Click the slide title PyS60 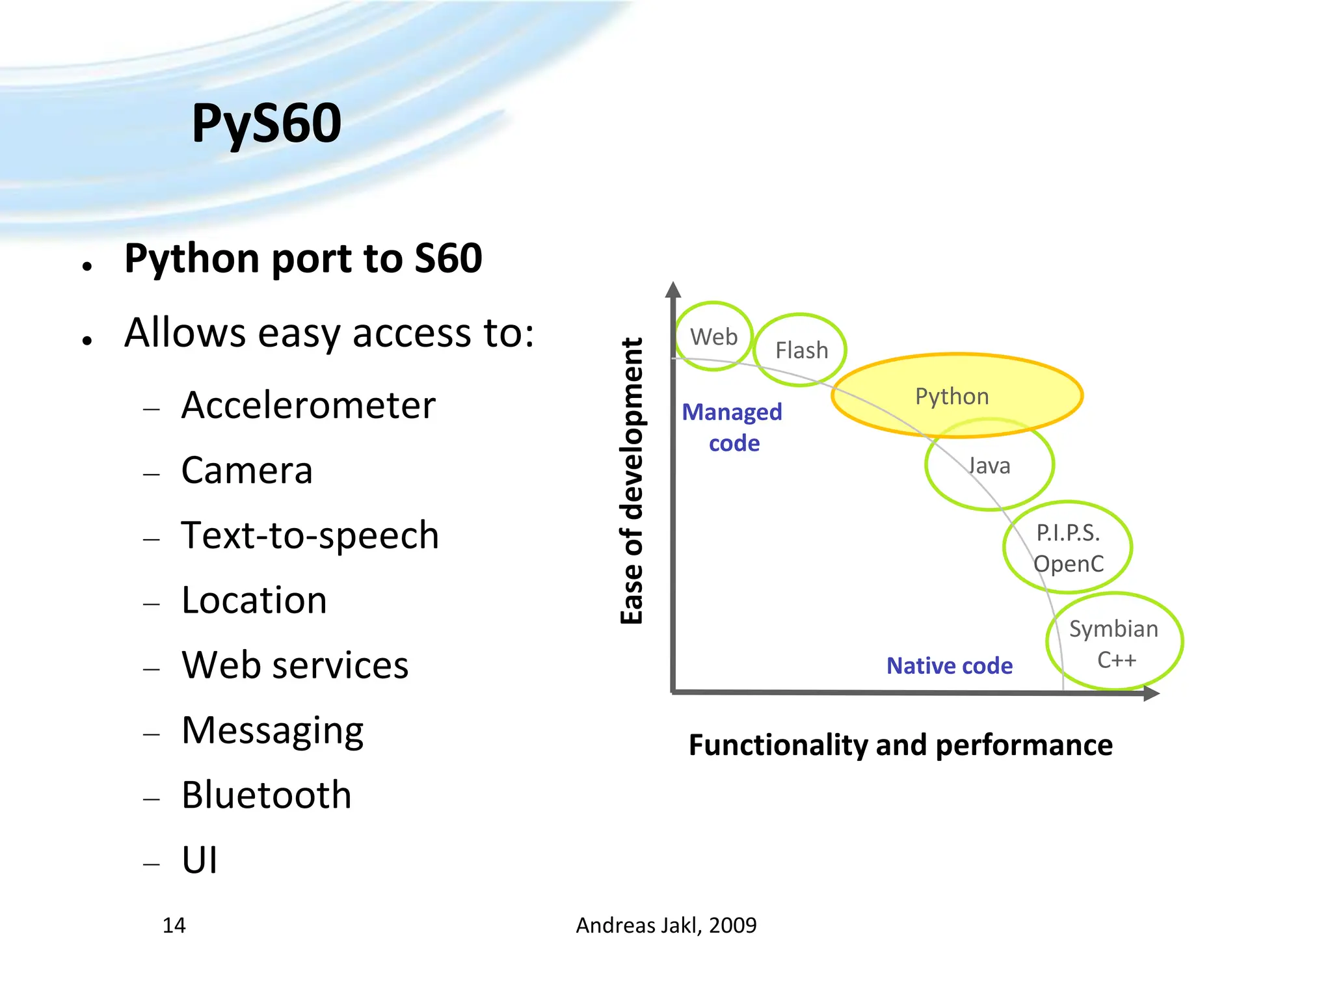[x=266, y=124]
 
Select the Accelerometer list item [x=308, y=406]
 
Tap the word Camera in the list [x=246, y=471]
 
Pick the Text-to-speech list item [x=310, y=536]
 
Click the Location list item [x=254, y=600]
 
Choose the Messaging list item [x=272, y=731]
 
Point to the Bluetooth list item [x=266, y=795]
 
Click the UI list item [x=199, y=860]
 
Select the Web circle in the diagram [x=713, y=337]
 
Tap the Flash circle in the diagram [x=801, y=351]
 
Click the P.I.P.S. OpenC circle [x=1068, y=548]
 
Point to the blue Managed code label [x=732, y=427]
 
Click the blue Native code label [x=949, y=666]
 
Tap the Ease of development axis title [x=632, y=481]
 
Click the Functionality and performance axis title [x=900, y=745]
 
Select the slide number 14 [x=174, y=926]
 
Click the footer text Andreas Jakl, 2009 [x=666, y=926]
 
